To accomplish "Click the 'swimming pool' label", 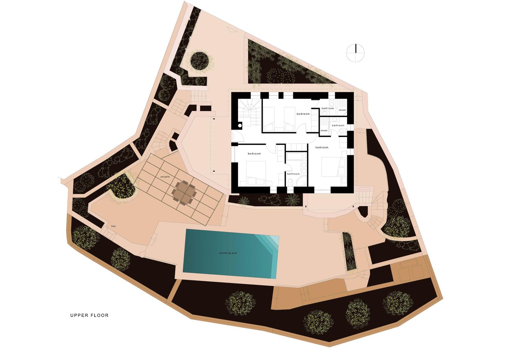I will coord(231,253).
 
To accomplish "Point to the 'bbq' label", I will coord(114,226).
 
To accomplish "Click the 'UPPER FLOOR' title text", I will coord(89,315).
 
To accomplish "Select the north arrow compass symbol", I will coord(355,53).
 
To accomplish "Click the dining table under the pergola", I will coord(184,193).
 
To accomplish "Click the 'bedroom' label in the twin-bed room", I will coord(303,114).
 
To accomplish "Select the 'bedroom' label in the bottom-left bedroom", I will coord(254,154).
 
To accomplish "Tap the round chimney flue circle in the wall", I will coord(240,125).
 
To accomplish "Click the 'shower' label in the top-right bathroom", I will coord(342,110).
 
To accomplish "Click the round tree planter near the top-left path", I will coord(199,60).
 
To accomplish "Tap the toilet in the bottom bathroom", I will coord(290,182).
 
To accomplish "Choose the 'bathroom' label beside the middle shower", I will coord(338,125).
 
